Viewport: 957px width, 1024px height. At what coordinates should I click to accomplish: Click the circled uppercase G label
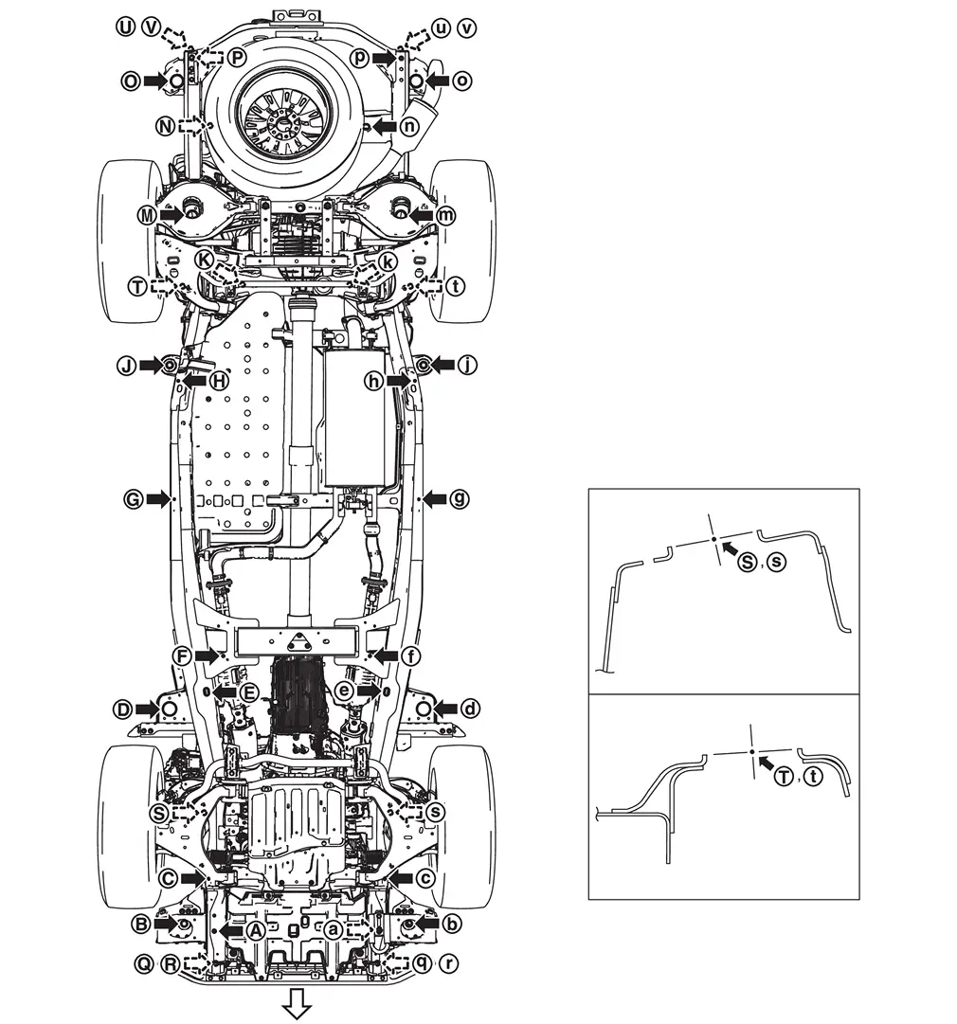coord(134,499)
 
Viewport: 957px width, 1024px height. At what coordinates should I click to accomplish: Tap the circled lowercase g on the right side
coord(460,499)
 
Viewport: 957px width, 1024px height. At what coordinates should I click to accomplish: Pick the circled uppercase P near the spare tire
coord(238,58)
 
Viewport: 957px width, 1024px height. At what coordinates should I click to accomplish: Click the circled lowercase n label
coord(409,126)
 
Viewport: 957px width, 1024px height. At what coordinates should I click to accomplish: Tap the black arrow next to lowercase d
coord(446,709)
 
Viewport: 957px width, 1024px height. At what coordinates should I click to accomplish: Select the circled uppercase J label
coord(127,365)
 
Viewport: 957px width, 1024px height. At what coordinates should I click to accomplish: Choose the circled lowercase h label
coord(373,381)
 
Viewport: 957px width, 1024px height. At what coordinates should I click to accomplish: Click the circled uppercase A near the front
coord(256,930)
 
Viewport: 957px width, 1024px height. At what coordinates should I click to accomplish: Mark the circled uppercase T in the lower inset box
coord(784,777)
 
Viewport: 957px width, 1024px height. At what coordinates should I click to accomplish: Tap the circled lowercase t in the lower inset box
coord(812,777)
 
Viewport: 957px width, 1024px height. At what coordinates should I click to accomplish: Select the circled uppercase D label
coord(122,709)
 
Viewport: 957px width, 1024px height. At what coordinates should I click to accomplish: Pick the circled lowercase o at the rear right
coord(461,81)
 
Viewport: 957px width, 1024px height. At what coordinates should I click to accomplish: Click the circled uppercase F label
coord(182,656)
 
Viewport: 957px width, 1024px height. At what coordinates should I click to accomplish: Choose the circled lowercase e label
coord(344,691)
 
